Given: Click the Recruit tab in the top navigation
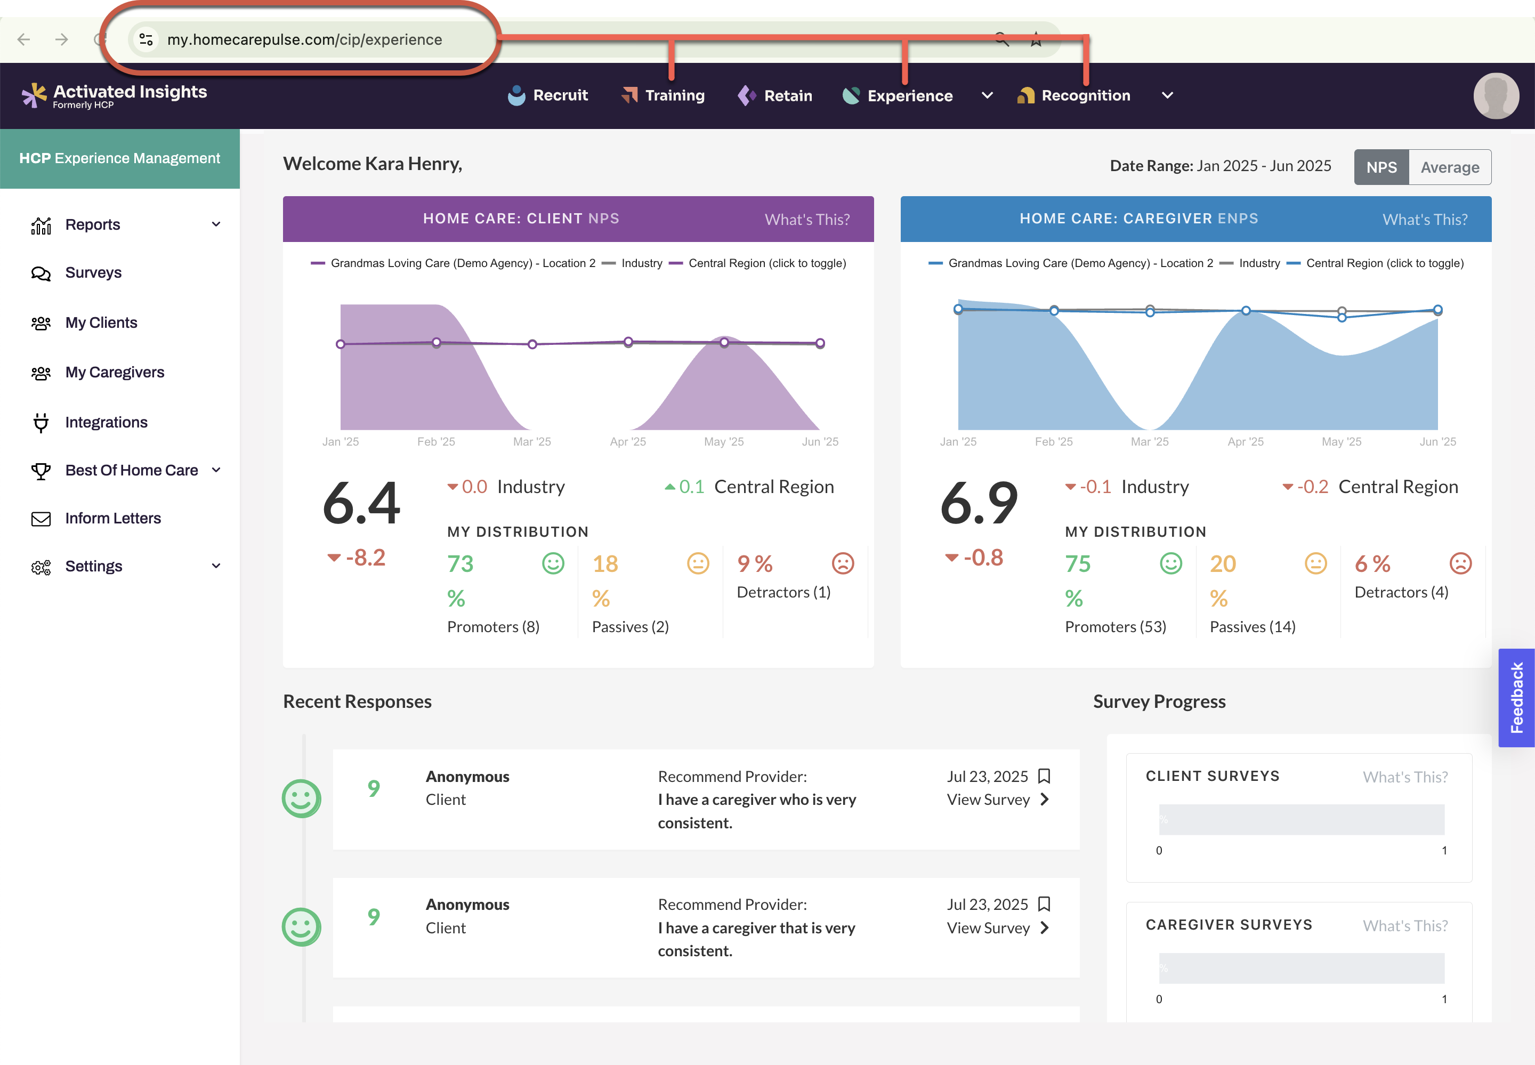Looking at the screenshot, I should coord(548,95).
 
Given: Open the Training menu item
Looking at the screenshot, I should coord(663,95).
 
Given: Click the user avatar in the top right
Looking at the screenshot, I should coord(1496,95).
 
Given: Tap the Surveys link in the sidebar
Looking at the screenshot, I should coord(93,273).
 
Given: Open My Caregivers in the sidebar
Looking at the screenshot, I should coord(114,373).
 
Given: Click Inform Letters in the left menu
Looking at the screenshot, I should coord(113,519).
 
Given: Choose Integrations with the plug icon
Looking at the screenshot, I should coord(106,422).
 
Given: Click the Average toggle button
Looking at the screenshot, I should coord(1450,167).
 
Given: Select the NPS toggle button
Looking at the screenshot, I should coord(1381,167).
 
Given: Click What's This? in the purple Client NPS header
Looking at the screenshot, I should coord(806,220).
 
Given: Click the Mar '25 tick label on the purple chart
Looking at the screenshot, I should coord(532,442).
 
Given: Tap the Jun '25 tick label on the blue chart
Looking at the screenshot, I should coord(1437,442).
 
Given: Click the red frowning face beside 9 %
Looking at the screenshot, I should coord(843,564).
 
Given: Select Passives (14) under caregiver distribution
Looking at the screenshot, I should coord(1252,627).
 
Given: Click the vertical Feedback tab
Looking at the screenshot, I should coord(1516,697).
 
